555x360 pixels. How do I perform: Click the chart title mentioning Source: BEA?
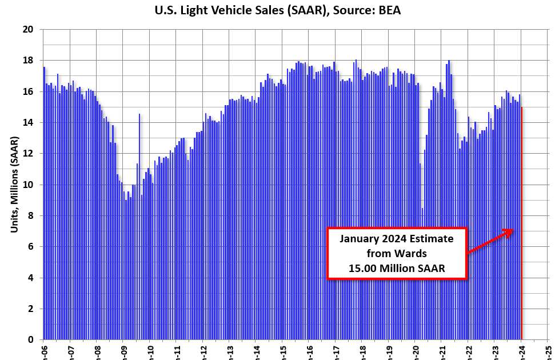click(277, 10)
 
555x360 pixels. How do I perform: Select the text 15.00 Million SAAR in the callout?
click(397, 267)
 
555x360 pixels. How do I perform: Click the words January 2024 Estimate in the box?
click(397, 238)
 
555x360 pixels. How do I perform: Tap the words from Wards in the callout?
click(397, 253)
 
